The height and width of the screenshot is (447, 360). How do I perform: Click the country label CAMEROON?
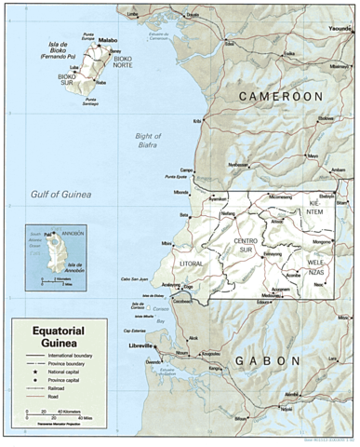coord(280,96)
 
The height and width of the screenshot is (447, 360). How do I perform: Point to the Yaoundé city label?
coord(340,29)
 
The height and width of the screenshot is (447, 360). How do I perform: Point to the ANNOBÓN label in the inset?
coord(72,234)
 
